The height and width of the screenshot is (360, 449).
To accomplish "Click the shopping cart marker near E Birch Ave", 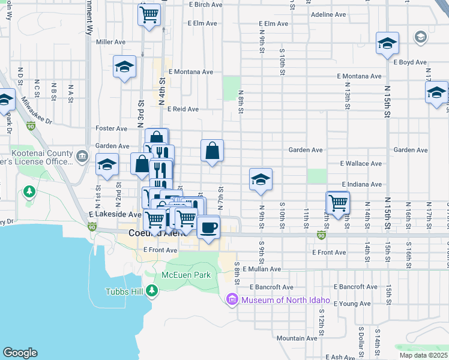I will click(149, 14).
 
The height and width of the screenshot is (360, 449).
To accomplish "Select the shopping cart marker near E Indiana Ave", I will click(338, 203).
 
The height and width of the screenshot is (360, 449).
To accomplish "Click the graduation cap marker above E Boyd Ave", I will click(388, 44).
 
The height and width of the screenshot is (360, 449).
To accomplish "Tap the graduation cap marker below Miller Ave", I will click(124, 67).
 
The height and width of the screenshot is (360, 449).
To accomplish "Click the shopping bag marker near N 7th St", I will click(212, 151).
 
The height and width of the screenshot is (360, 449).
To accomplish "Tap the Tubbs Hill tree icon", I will click(152, 292).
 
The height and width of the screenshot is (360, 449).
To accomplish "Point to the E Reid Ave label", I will click(183, 109).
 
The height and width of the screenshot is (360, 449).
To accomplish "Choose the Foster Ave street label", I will click(112, 128).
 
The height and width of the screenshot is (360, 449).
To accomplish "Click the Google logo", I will click(20, 353).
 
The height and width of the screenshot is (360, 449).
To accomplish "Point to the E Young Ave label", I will click(336, 304).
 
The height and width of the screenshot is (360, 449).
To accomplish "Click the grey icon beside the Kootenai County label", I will click(82, 158).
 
